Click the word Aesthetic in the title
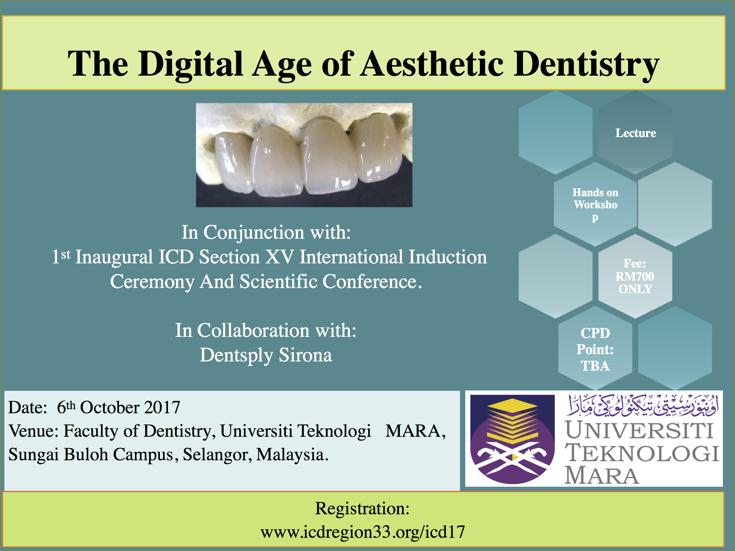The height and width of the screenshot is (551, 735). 432,64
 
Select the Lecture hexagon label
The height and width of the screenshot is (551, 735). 636,133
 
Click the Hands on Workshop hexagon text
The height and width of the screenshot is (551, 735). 595,205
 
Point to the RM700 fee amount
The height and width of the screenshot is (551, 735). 635,276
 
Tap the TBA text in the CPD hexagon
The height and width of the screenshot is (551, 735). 595,366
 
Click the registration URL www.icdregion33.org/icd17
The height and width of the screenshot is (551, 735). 363,532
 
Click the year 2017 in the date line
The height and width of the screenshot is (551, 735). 162,407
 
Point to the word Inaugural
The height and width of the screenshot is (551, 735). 114,257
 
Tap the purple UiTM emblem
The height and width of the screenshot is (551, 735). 513,439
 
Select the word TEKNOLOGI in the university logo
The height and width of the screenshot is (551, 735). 642,453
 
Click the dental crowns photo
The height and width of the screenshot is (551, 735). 304,155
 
